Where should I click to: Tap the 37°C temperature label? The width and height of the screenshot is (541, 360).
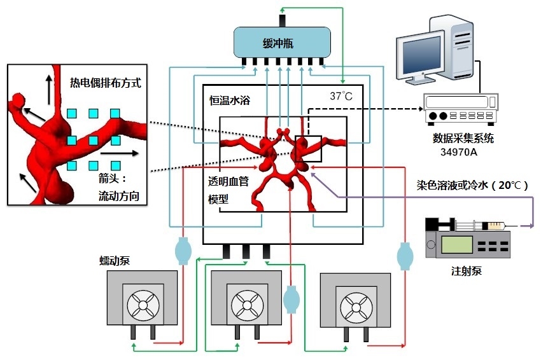point(341,97)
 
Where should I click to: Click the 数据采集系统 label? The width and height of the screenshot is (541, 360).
point(463,138)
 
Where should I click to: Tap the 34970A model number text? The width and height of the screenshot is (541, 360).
point(461,153)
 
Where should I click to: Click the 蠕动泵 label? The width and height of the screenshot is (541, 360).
point(115,261)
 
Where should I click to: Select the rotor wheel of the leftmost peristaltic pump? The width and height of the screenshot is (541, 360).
point(143,308)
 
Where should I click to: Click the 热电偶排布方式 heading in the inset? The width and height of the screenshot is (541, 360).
point(106,82)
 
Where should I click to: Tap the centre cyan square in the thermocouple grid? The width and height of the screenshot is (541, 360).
point(93,140)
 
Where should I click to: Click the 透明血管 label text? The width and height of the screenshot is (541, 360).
point(229,181)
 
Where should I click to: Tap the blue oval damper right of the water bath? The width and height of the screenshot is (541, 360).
point(404,256)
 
